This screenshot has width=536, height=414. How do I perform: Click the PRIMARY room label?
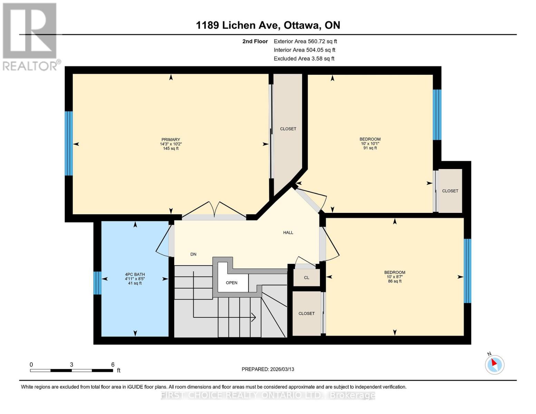[x=170, y=140]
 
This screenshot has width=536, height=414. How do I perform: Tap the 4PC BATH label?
[x=135, y=275]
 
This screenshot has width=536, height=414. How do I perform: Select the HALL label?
[x=288, y=233]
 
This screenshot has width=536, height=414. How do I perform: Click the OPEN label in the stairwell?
[x=231, y=283]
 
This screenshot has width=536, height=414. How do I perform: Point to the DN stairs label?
[x=193, y=254]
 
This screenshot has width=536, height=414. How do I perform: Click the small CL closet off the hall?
[x=306, y=278]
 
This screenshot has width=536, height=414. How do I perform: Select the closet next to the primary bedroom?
[x=288, y=129]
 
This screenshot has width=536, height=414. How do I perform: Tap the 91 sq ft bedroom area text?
[x=370, y=148]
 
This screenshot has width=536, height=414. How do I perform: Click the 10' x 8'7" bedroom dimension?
[x=394, y=277]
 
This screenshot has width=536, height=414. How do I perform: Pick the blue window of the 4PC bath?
[x=98, y=283]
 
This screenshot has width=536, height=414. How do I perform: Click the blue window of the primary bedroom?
[x=69, y=143]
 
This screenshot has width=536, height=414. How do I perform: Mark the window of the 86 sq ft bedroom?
[x=467, y=271]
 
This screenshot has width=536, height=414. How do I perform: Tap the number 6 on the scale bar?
[x=113, y=365]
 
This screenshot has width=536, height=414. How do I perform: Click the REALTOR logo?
[x=30, y=37]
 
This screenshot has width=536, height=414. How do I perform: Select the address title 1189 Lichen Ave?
[x=268, y=25]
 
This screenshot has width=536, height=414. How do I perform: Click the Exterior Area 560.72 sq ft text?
[x=305, y=41]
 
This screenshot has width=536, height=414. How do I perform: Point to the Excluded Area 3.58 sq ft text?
[x=304, y=59]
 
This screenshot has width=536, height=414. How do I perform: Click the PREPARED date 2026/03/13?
[x=268, y=369]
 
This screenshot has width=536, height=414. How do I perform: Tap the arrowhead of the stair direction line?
[x=254, y=317]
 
